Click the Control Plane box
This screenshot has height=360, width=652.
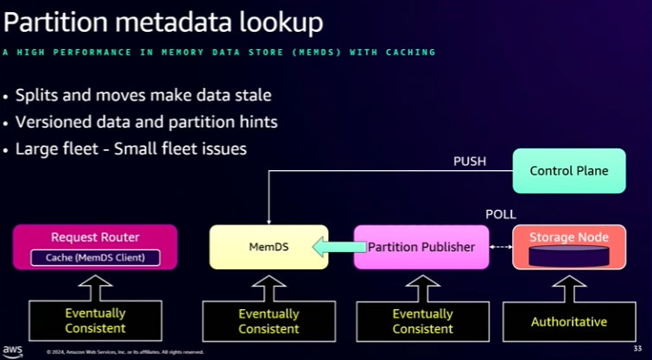coord(569,171)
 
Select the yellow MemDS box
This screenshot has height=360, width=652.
coord(269,247)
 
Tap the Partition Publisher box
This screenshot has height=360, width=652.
coord(421,247)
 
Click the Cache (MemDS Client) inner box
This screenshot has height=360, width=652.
coord(95,256)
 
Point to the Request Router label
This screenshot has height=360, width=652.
coord(95,237)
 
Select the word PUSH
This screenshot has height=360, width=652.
coord(470,161)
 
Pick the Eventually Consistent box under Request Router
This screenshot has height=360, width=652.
coord(95,320)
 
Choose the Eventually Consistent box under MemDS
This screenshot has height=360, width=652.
coord(269,320)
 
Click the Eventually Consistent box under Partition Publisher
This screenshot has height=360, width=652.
coord(422,320)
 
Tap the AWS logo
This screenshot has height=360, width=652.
coord(12,350)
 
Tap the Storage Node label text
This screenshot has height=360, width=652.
coord(568,237)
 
